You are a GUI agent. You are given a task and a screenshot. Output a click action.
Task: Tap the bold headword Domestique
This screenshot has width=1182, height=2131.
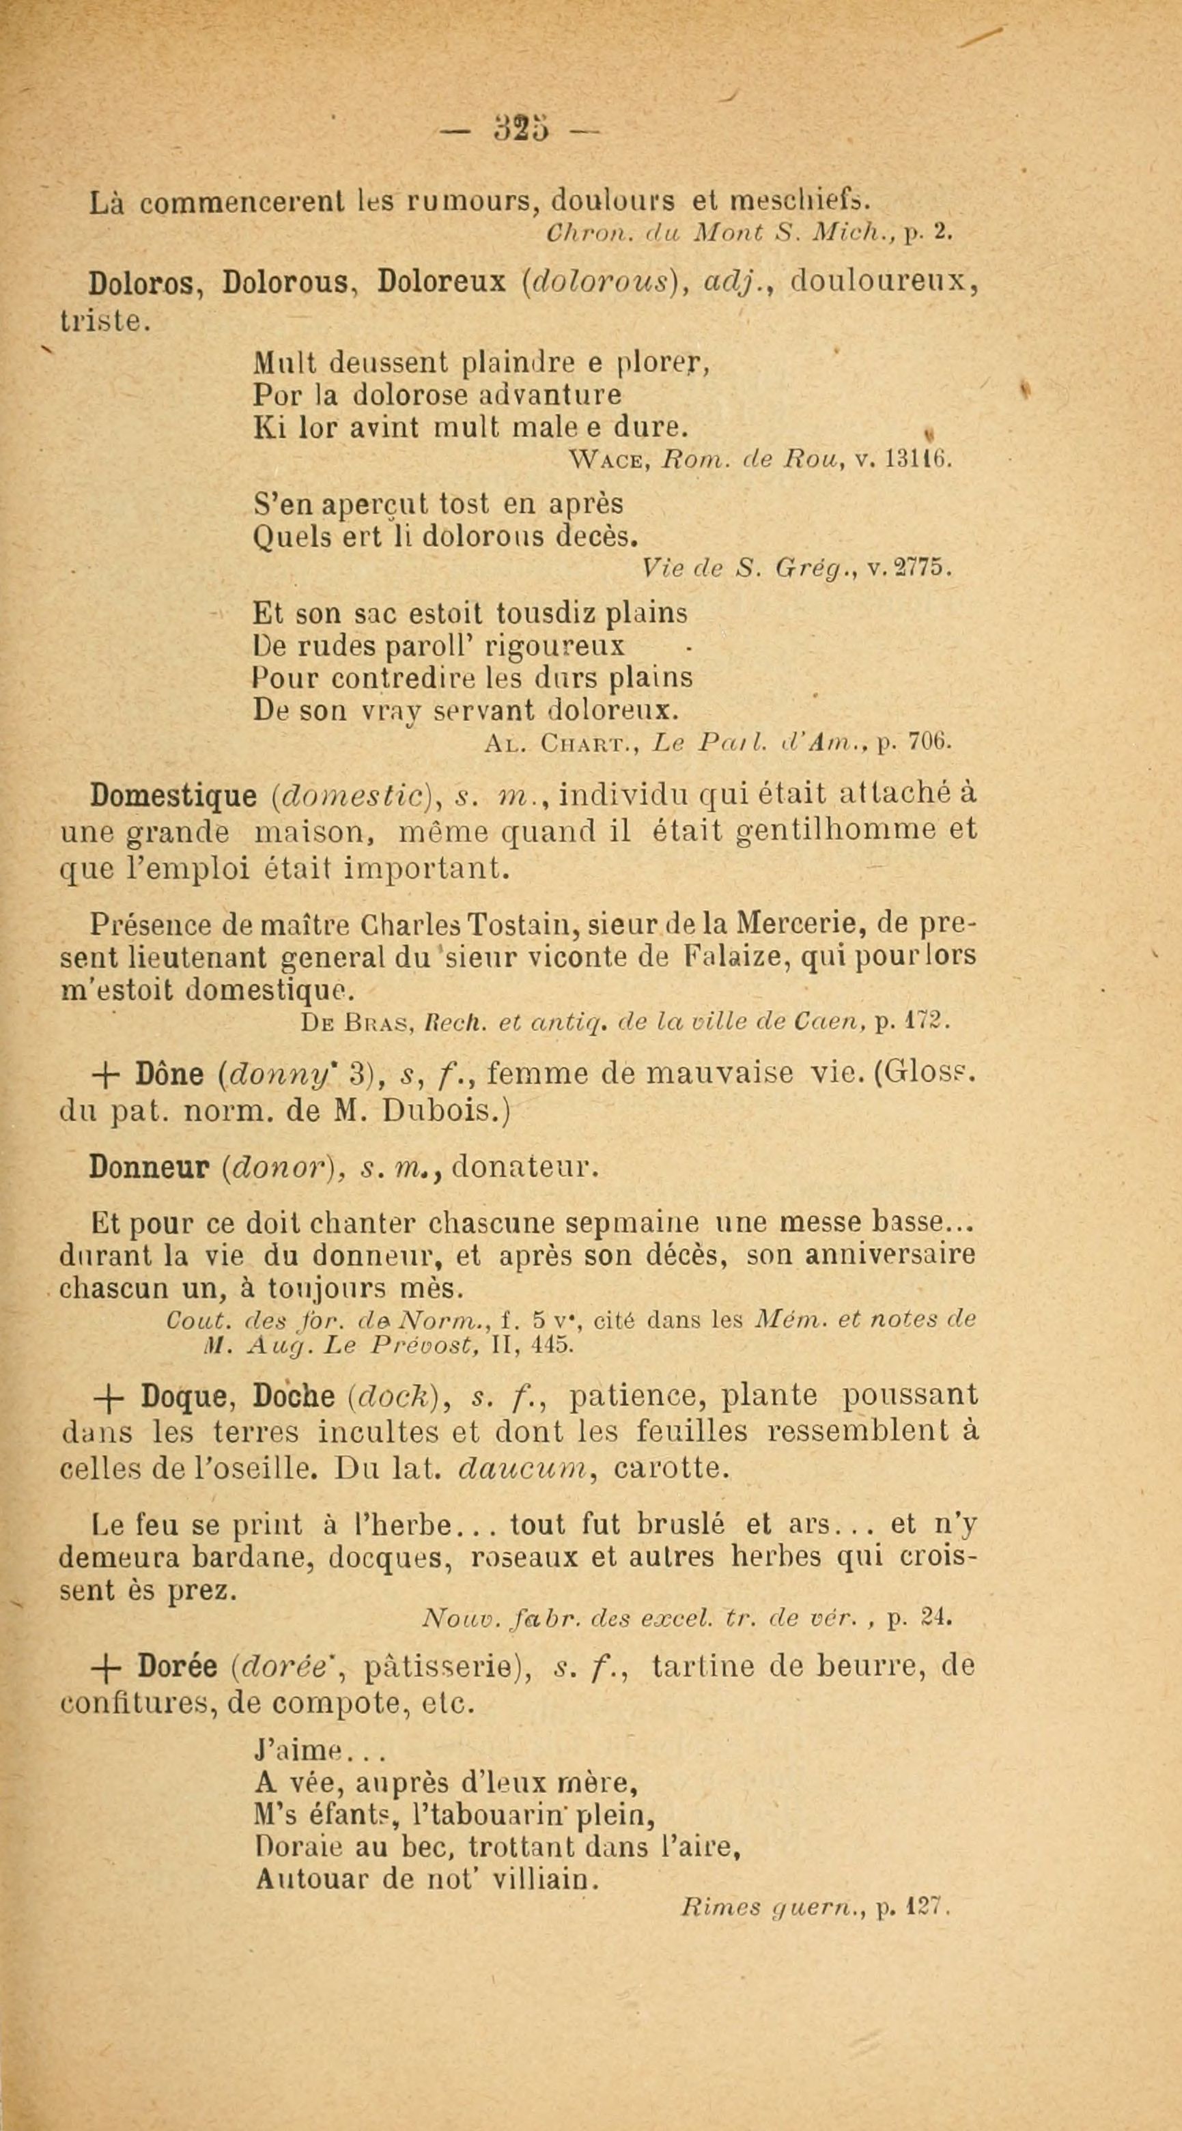pos(173,796)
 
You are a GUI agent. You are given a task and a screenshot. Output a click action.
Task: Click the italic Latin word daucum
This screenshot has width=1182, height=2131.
pos(521,1469)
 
